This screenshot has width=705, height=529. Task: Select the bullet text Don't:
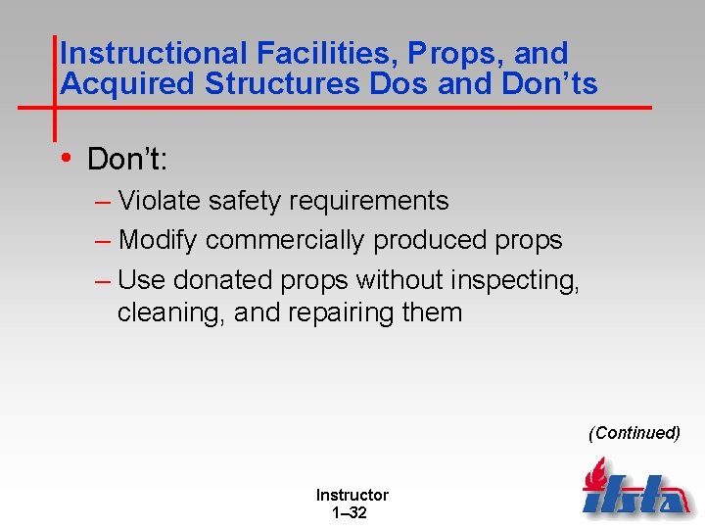tap(128, 159)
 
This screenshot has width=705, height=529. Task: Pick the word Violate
tap(162, 201)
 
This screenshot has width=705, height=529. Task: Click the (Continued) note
tap(634, 433)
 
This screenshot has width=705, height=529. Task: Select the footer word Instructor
tap(352, 496)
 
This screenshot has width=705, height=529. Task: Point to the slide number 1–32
tap(351, 512)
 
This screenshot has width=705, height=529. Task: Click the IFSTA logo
tap(635, 490)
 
